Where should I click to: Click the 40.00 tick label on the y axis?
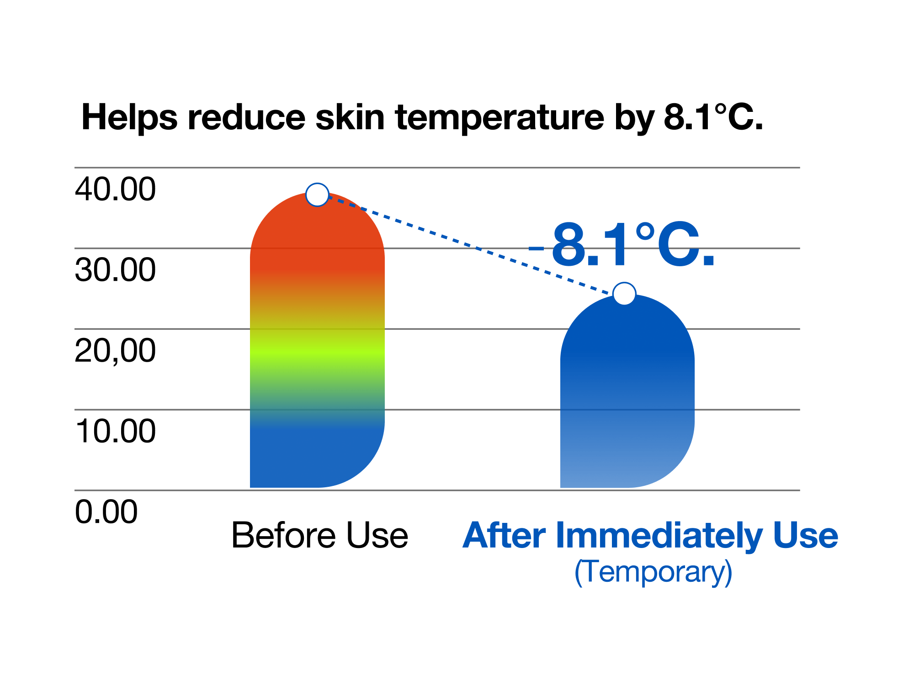pyautogui.click(x=115, y=189)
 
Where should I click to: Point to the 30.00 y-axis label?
pyautogui.click(x=115, y=269)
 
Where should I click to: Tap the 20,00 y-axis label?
pyautogui.click(x=115, y=351)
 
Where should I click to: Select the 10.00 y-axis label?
pyautogui.click(x=115, y=431)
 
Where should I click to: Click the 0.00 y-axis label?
pyautogui.click(x=106, y=511)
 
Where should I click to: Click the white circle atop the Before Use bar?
pyautogui.click(x=317, y=195)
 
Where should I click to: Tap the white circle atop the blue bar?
pyautogui.click(x=624, y=294)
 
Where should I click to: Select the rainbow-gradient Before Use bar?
pyautogui.click(x=317, y=340)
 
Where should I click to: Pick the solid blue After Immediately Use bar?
pyautogui.click(x=627, y=391)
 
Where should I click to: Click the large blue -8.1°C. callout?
pyautogui.click(x=622, y=244)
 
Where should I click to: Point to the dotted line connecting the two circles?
pyautogui.click(x=471, y=244)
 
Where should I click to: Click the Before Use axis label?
pyautogui.click(x=319, y=535)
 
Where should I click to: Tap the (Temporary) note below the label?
pyautogui.click(x=654, y=572)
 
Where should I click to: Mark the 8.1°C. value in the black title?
pyautogui.click(x=713, y=117)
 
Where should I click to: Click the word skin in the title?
pyautogui.click(x=350, y=117)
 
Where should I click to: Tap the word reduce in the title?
pyautogui.click(x=246, y=117)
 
